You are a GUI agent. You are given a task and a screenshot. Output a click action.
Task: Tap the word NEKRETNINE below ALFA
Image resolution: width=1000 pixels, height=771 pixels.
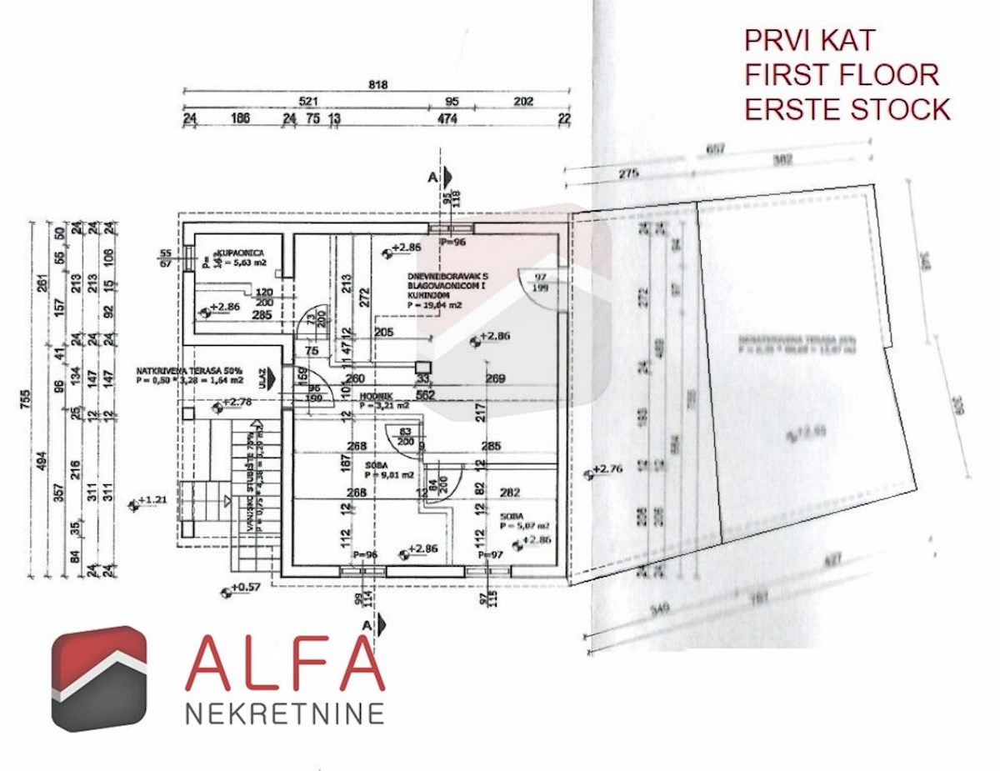(x=284, y=713)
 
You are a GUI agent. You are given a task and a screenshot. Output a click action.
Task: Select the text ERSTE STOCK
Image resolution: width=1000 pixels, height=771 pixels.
(x=847, y=108)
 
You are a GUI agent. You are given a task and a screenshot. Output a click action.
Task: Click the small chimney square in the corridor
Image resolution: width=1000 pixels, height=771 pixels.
(x=423, y=367)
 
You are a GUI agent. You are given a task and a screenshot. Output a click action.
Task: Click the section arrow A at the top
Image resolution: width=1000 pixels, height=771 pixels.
(x=447, y=177)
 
